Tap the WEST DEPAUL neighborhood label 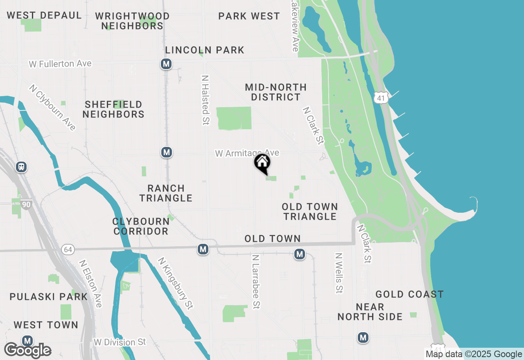pyautogui.click(x=44, y=16)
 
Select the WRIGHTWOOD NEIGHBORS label pyautogui.click(x=132, y=21)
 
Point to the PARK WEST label pyautogui.click(x=249, y=16)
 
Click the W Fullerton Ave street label pyautogui.click(x=60, y=64)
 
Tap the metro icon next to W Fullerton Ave pyautogui.click(x=166, y=64)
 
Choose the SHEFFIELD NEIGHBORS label pyautogui.click(x=113, y=109)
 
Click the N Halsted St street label pyautogui.click(x=206, y=99)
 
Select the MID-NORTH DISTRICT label pyautogui.click(x=276, y=92)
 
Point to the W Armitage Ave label pyautogui.click(x=247, y=153)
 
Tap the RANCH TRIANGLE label pyautogui.click(x=166, y=193)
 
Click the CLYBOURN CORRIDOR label pyautogui.click(x=141, y=226)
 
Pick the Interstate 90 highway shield pyautogui.click(x=27, y=204)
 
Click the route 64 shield pyautogui.click(x=68, y=249)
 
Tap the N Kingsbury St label pyautogui.click(x=175, y=283)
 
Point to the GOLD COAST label pyautogui.click(x=409, y=294)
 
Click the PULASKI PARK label pyautogui.click(x=49, y=297)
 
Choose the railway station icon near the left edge pyautogui.click(x=21, y=167)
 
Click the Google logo pyautogui.click(x=27, y=350)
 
